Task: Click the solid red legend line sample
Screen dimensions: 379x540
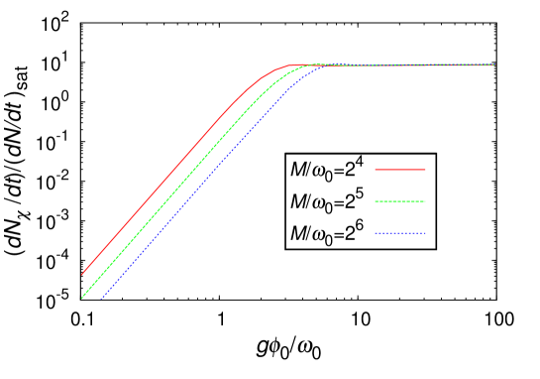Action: pyautogui.click(x=400, y=170)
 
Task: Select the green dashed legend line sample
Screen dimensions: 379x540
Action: pyautogui.click(x=400, y=201)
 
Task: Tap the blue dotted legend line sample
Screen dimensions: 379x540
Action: pyautogui.click(x=400, y=233)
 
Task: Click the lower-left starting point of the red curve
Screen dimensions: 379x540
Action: pyautogui.click(x=82, y=274)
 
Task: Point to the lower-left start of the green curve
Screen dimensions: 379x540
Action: pyautogui.click(x=82, y=297)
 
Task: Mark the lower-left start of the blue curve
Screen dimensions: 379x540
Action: pyautogui.click(x=101, y=298)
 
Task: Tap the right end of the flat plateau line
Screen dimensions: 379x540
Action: pyautogui.click(x=494, y=65)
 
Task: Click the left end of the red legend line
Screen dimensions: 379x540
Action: pyautogui.click(x=376, y=170)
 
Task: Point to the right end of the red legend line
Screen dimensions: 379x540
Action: pyautogui.click(x=425, y=170)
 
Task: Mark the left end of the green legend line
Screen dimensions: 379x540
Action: pyautogui.click(x=376, y=201)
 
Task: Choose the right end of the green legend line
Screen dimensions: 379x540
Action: pyautogui.click(x=425, y=201)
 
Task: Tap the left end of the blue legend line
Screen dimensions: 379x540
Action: pyautogui.click(x=376, y=233)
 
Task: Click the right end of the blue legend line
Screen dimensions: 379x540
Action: pyautogui.click(x=425, y=233)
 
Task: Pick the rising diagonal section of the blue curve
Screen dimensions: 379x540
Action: pyautogui.click(x=188, y=200)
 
